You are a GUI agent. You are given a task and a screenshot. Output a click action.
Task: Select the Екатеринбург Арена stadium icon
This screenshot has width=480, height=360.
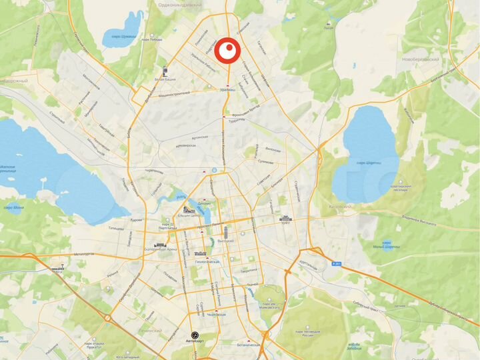159,245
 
